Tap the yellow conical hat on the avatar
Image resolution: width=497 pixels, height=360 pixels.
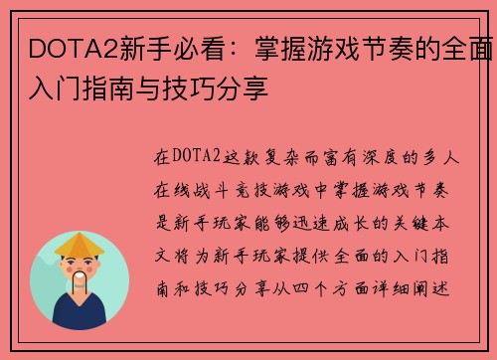click(80, 244)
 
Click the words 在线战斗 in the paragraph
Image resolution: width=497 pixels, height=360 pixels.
click(189, 186)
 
